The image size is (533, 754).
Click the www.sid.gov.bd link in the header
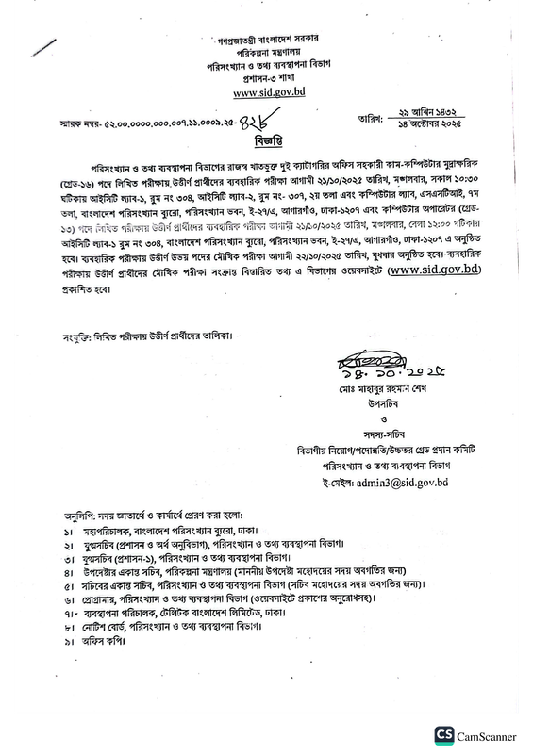coord(266,93)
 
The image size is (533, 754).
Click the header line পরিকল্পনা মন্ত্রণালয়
coord(266,54)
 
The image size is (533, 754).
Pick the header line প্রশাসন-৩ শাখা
coord(266,81)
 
